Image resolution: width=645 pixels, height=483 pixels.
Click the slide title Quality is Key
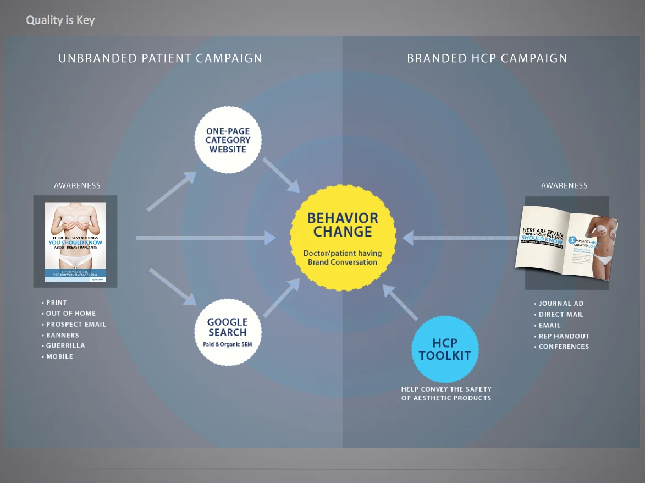(x=60, y=21)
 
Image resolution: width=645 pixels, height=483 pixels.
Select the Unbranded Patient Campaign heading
(x=160, y=58)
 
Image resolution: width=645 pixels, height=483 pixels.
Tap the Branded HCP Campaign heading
(x=487, y=58)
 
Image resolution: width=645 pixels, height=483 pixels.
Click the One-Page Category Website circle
(x=228, y=140)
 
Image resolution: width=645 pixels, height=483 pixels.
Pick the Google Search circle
(x=227, y=332)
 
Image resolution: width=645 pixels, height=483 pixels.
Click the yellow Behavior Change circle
(x=343, y=237)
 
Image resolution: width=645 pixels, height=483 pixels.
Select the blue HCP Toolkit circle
(x=445, y=350)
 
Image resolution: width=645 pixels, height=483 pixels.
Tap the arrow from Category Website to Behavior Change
(x=281, y=175)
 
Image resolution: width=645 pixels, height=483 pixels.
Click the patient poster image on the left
(x=75, y=241)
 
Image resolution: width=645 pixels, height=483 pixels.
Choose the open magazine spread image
(x=566, y=243)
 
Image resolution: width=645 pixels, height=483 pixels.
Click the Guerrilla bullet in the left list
(x=65, y=346)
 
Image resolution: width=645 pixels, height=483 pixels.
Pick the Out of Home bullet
(x=71, y=314)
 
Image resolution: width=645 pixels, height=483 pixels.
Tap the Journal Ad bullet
(x=561, y=304)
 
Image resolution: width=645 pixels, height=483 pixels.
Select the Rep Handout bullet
(x=564, y=336)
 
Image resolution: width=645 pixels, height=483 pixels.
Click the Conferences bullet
(x=564, y=347)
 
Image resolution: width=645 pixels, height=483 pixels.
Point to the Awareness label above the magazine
(x=564, y=186)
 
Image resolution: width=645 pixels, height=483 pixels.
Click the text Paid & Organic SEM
(x=227, y=345)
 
